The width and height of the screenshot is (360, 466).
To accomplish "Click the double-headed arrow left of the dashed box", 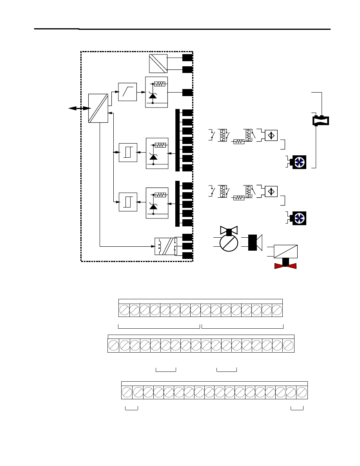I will coord(78,108).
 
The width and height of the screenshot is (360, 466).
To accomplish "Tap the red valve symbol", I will coord(285,266).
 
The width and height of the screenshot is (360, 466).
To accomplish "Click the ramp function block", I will coord(127,92).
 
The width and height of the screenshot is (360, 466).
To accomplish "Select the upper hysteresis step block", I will coord(128,152).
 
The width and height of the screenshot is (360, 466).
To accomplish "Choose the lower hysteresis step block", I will coord(128,202).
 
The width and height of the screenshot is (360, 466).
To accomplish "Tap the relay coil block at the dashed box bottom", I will coord(164,246).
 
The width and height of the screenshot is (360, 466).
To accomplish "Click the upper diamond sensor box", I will coord(271,135).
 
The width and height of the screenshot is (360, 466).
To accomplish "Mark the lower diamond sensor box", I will coord(271,191).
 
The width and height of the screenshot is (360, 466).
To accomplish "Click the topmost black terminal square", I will coord(187,57).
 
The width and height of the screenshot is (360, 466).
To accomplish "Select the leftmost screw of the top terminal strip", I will coord(124,310).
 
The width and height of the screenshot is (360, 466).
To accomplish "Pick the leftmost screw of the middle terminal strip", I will coord(114,346).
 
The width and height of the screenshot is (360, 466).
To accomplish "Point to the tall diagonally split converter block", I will coord(98,108).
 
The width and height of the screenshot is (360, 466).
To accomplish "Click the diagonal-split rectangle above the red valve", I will coord(285,251).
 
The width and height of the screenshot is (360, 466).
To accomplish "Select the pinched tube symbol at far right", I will coord(321,120).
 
